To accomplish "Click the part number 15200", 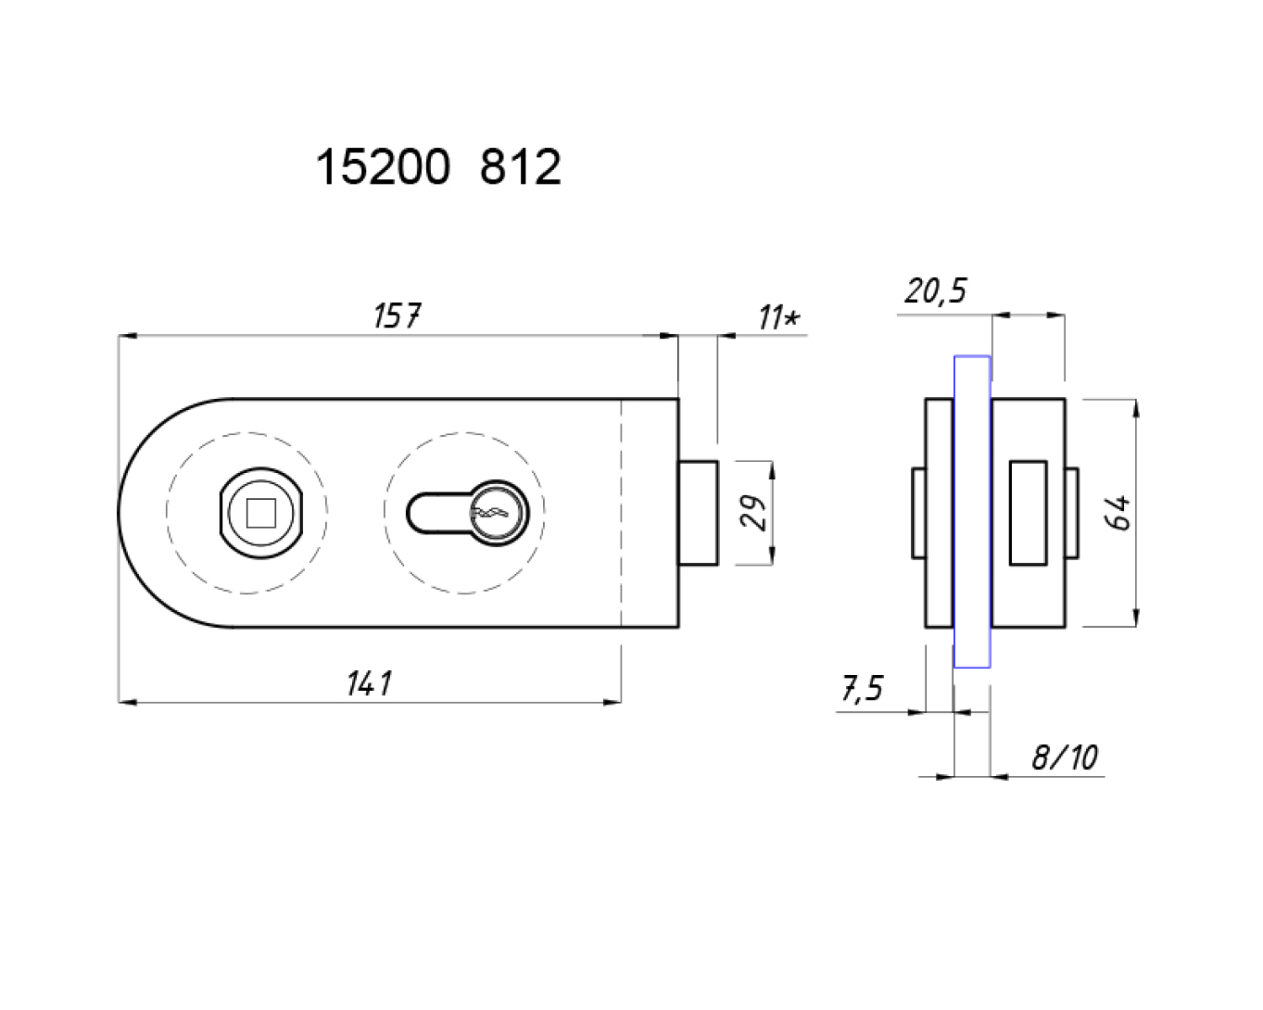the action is click(x=383, y=167).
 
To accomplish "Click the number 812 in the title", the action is click(x=520, y=167).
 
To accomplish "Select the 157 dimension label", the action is click(x=397, y=316).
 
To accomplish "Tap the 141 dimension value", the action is click(x=369, y=683).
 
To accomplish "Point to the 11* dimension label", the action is click(x=779, y=317).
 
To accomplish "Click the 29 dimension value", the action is click(x=754, y=513).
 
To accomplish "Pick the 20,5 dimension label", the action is click(x=935, y=291).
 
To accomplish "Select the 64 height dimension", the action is click(x=1121, y=513).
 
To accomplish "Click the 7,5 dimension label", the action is click(x=862, y=688).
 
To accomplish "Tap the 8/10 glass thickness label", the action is click(x=1064, y=757).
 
